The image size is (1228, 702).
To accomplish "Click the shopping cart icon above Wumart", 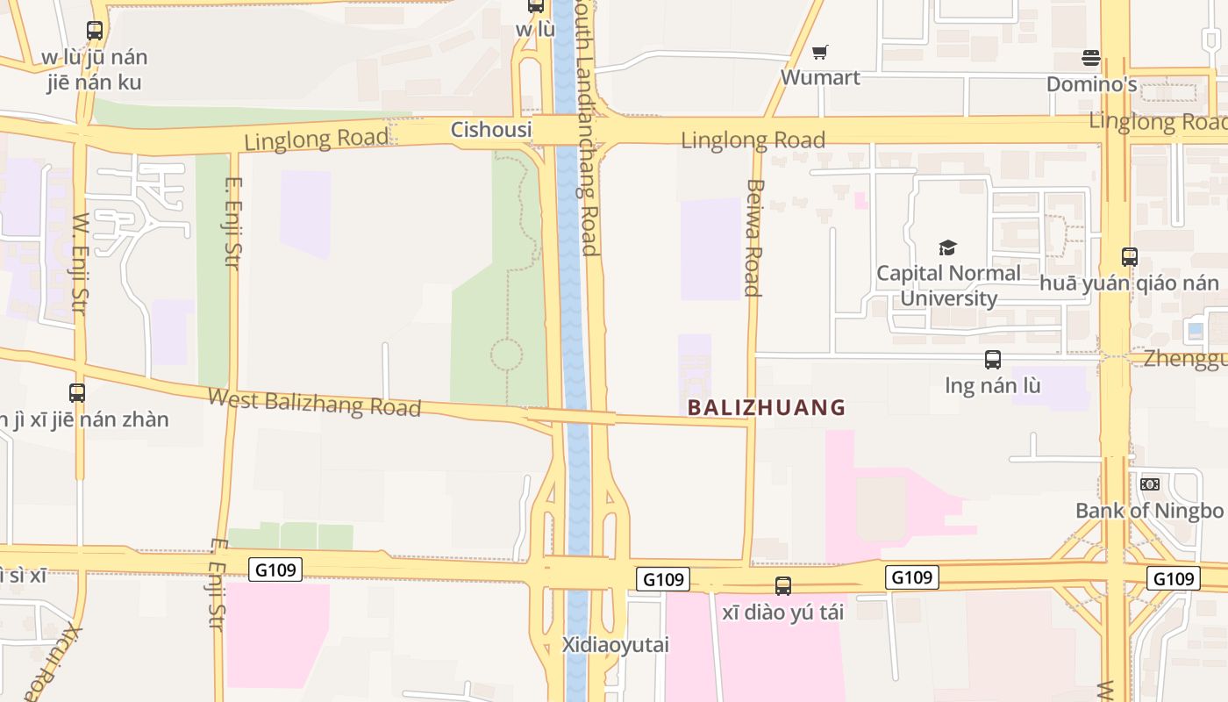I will pyautogui.click(x=819, y=53).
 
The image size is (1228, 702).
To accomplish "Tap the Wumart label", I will pyautogui.click(x=820, y=77).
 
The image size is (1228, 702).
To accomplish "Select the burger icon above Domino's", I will pyautogui.click(x=1091, y=59).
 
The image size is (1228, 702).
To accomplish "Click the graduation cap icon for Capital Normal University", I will pyautogui.click(x=947, y=247).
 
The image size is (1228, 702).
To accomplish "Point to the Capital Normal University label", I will pyautogui.click(x=948, y=285).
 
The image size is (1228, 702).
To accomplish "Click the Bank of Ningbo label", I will pyautogui.click(x=1149, y=511).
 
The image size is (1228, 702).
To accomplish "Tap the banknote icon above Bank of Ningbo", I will pyautogui.click(x=1149, y=484).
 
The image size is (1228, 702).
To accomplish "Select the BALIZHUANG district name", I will pyautogui.click(x=767, y=407).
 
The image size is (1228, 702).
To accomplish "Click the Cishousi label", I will pyautogui.click(x=491, y=130).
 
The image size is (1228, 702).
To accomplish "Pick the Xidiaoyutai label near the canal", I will pyautogui.click(x=615, y=645).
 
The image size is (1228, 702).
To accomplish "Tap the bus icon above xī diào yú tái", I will pyautogui.click(x=783, y=586).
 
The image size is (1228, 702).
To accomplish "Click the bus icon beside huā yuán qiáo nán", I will pyautogui.click(x=1130, y=257).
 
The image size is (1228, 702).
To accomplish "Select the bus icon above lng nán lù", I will pyautogui.click(x=993, y=360).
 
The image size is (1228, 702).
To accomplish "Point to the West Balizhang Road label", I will pyautogui.click(x=314, y=402).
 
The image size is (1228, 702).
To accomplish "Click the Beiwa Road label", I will pyautogui.click(x=753, y=237).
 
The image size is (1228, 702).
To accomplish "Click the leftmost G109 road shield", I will pyautogui.click(x=275, y=569).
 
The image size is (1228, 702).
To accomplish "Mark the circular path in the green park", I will pyautogui.click(x=506, y=355).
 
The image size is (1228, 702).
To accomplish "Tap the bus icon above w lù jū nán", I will pyautogui.click(x=95, y=31).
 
